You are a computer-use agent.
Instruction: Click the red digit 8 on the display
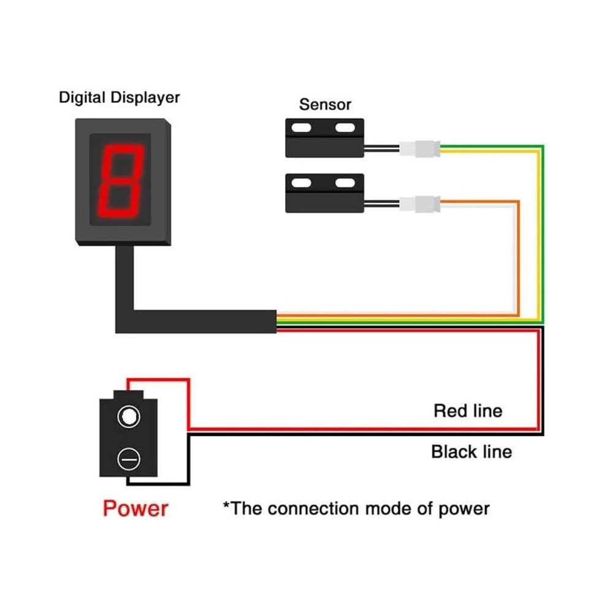click(120, 181)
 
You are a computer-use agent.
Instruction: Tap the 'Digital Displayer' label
click(119, 97)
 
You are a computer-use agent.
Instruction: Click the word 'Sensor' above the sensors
click(325, 104)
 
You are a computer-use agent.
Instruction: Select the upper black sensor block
click(324, 138)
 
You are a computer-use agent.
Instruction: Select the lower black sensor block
click(324, 193)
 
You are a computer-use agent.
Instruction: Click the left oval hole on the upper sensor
click(301, 128)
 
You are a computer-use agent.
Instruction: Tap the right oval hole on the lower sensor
click(345, 183)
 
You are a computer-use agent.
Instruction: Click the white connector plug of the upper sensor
click(419, 148)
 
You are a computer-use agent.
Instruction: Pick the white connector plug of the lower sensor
click(419, 204)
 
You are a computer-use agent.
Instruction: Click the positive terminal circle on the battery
click(129, 416)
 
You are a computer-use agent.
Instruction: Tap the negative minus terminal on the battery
click(129, 459)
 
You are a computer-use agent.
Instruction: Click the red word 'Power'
click(136, 508)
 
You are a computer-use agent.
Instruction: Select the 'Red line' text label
click(468, 411)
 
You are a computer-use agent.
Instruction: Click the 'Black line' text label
click(471, 452)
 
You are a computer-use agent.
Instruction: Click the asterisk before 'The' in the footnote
click(226, 505)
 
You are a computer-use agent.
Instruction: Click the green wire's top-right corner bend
click(543, 147)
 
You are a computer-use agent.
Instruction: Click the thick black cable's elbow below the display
click(124, 321)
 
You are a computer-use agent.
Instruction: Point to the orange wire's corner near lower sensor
click(518, 202)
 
